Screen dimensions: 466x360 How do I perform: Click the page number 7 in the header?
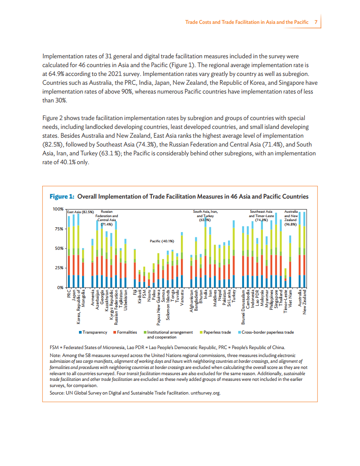tap(316, 22)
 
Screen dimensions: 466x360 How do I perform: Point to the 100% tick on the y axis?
tap(58, 209)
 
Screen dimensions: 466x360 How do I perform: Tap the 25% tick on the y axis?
tap(59, 268)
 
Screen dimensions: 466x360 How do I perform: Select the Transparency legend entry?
tap(93, 332)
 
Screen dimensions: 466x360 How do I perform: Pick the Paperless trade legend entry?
tap(215, 332)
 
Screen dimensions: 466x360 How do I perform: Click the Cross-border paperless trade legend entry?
tap(266, 332)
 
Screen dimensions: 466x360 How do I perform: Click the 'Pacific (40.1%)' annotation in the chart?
tap(162, 241)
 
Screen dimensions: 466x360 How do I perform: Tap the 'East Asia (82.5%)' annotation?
tap(81, 212)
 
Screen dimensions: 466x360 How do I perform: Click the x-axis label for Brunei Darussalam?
tap(243, 308)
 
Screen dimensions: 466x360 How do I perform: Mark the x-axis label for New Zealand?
tap(304, 303)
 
